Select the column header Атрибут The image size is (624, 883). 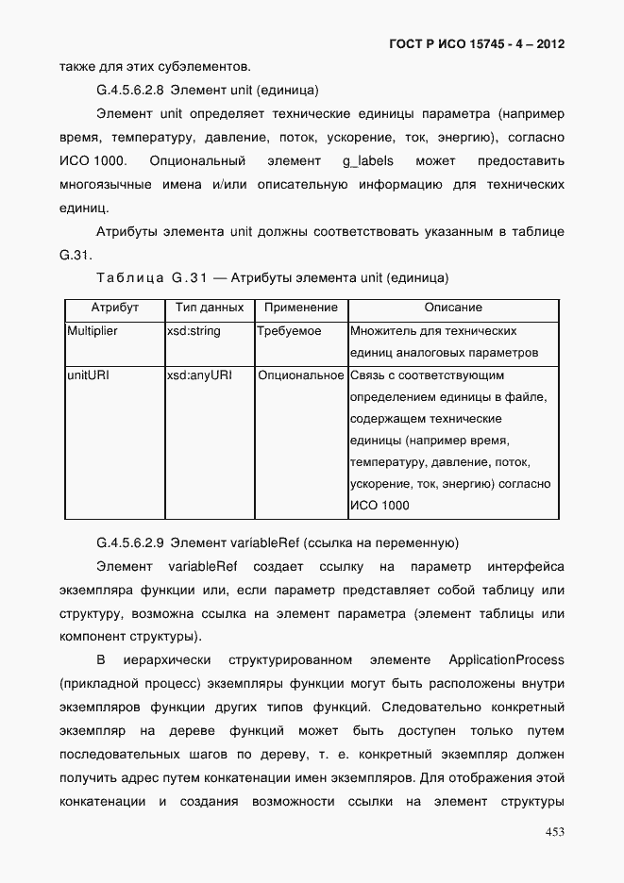pos(114,308)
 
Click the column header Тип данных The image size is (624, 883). pos(210,308)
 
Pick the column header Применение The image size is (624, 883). pos(300,308)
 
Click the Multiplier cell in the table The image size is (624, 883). pos(93,331)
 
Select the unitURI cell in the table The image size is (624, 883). pos(88,375)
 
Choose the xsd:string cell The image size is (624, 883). pos(194,331)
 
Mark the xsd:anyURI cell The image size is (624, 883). pos(199,375)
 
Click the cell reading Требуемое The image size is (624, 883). pos(290,331)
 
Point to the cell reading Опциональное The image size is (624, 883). pos(300,375)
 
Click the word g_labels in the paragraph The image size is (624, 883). pos(368,161)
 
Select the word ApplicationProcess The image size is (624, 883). pos(506,658)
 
